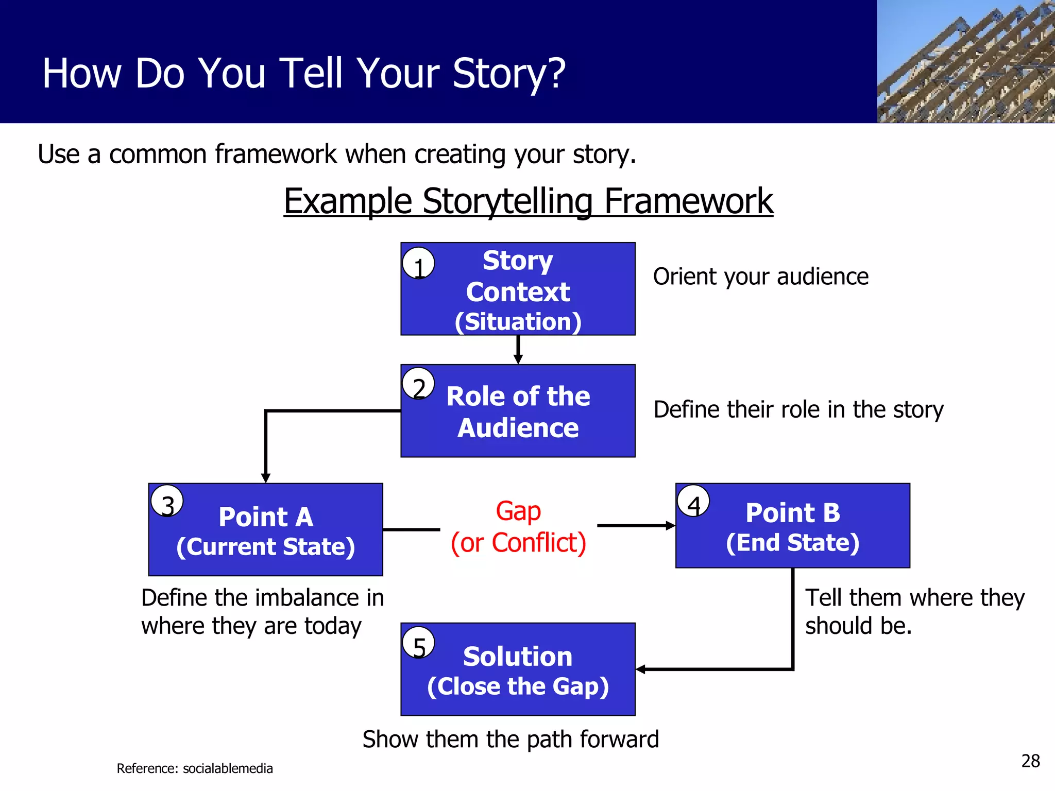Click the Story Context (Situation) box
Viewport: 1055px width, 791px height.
click(x=518, y=289)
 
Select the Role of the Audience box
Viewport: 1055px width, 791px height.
click(x=518, y=411)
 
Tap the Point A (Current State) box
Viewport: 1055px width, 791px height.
click(x=265, y=530)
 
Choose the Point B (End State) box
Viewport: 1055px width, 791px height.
click(x=792, y=526)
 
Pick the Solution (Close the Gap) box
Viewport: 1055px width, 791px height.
click(x=518, y=669)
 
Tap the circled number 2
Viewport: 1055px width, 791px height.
click(x=418, y=384)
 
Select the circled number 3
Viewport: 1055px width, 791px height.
click(x=167, y=501)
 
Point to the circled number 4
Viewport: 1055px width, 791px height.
click(x=693, y=501)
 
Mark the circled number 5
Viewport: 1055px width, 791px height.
click(x=418, y=643)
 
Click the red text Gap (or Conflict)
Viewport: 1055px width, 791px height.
click(x=518, y=527)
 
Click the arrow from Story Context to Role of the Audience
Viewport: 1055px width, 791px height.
click(x=518, y=350)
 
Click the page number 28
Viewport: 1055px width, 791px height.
click(x=1030, y=761)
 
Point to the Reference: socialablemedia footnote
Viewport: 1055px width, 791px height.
click(x=195, y=768)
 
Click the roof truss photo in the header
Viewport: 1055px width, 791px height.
click(x=966, y=62)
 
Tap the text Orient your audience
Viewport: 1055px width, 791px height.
click(x=760, y=277)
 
